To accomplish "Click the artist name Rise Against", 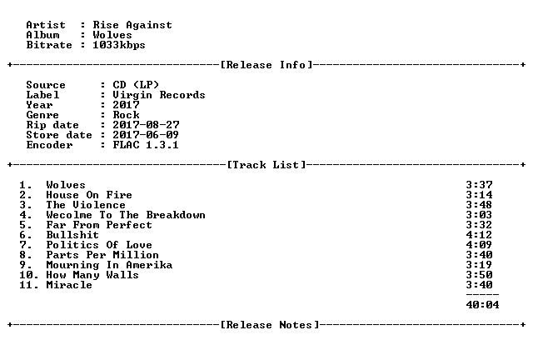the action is pos(132,25).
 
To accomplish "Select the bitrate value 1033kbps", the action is pos(119,45).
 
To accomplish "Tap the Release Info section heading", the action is pos(266,65).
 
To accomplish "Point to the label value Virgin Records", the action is pos(159,95).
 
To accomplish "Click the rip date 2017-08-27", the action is pos(147,125).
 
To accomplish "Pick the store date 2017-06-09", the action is pos(147,135).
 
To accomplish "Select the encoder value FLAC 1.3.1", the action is pos(146,145).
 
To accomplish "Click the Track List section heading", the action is pos(266,165).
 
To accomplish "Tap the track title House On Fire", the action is pos(89,195).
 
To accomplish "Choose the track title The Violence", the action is pos(86,205).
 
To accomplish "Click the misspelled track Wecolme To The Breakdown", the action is pos(126,215).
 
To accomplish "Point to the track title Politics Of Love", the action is pos(99,245).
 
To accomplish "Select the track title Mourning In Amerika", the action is pos(109,265).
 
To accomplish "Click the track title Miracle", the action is pos(69,285).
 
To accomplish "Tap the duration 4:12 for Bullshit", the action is pos(480,235).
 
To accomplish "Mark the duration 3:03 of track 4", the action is pos(480,215).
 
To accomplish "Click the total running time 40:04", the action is pos(483,305).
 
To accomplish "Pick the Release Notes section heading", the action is pos(270,325).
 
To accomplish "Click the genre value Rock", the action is pos(126,115).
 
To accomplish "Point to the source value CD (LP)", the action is pos(136,85).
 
